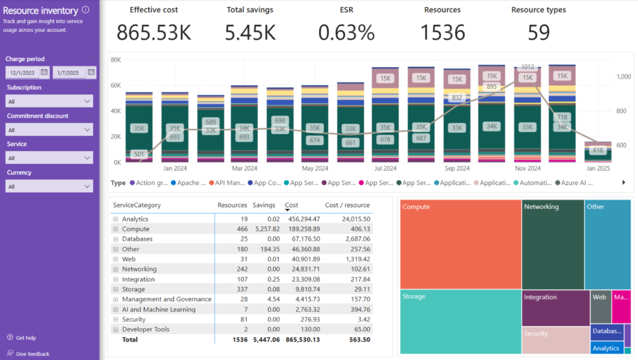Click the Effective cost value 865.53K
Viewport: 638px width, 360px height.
tap(154, 32)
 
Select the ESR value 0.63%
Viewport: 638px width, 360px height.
tap(347, 32)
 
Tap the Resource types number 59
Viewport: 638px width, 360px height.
tap(538, 32)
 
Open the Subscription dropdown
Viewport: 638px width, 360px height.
tap(49, 101)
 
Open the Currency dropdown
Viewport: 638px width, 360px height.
tap(49, 186)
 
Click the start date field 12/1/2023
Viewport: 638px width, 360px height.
tap(27, 72)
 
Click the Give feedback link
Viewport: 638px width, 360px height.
tap(32, 353)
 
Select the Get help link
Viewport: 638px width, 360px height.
tap(25, 338)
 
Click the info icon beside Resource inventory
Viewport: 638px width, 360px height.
tap(86, 10)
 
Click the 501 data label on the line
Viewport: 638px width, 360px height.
tap(138, 154)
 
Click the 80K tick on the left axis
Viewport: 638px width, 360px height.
tap(115, 60)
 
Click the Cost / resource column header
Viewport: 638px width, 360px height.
tap(347, 205)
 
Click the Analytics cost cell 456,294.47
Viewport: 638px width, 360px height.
tap(302, 219)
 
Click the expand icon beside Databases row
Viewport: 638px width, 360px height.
tap(115, 239)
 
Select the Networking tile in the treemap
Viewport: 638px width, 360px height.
tap(553, 244)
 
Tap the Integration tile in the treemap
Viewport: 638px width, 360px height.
tap(555, 308)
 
